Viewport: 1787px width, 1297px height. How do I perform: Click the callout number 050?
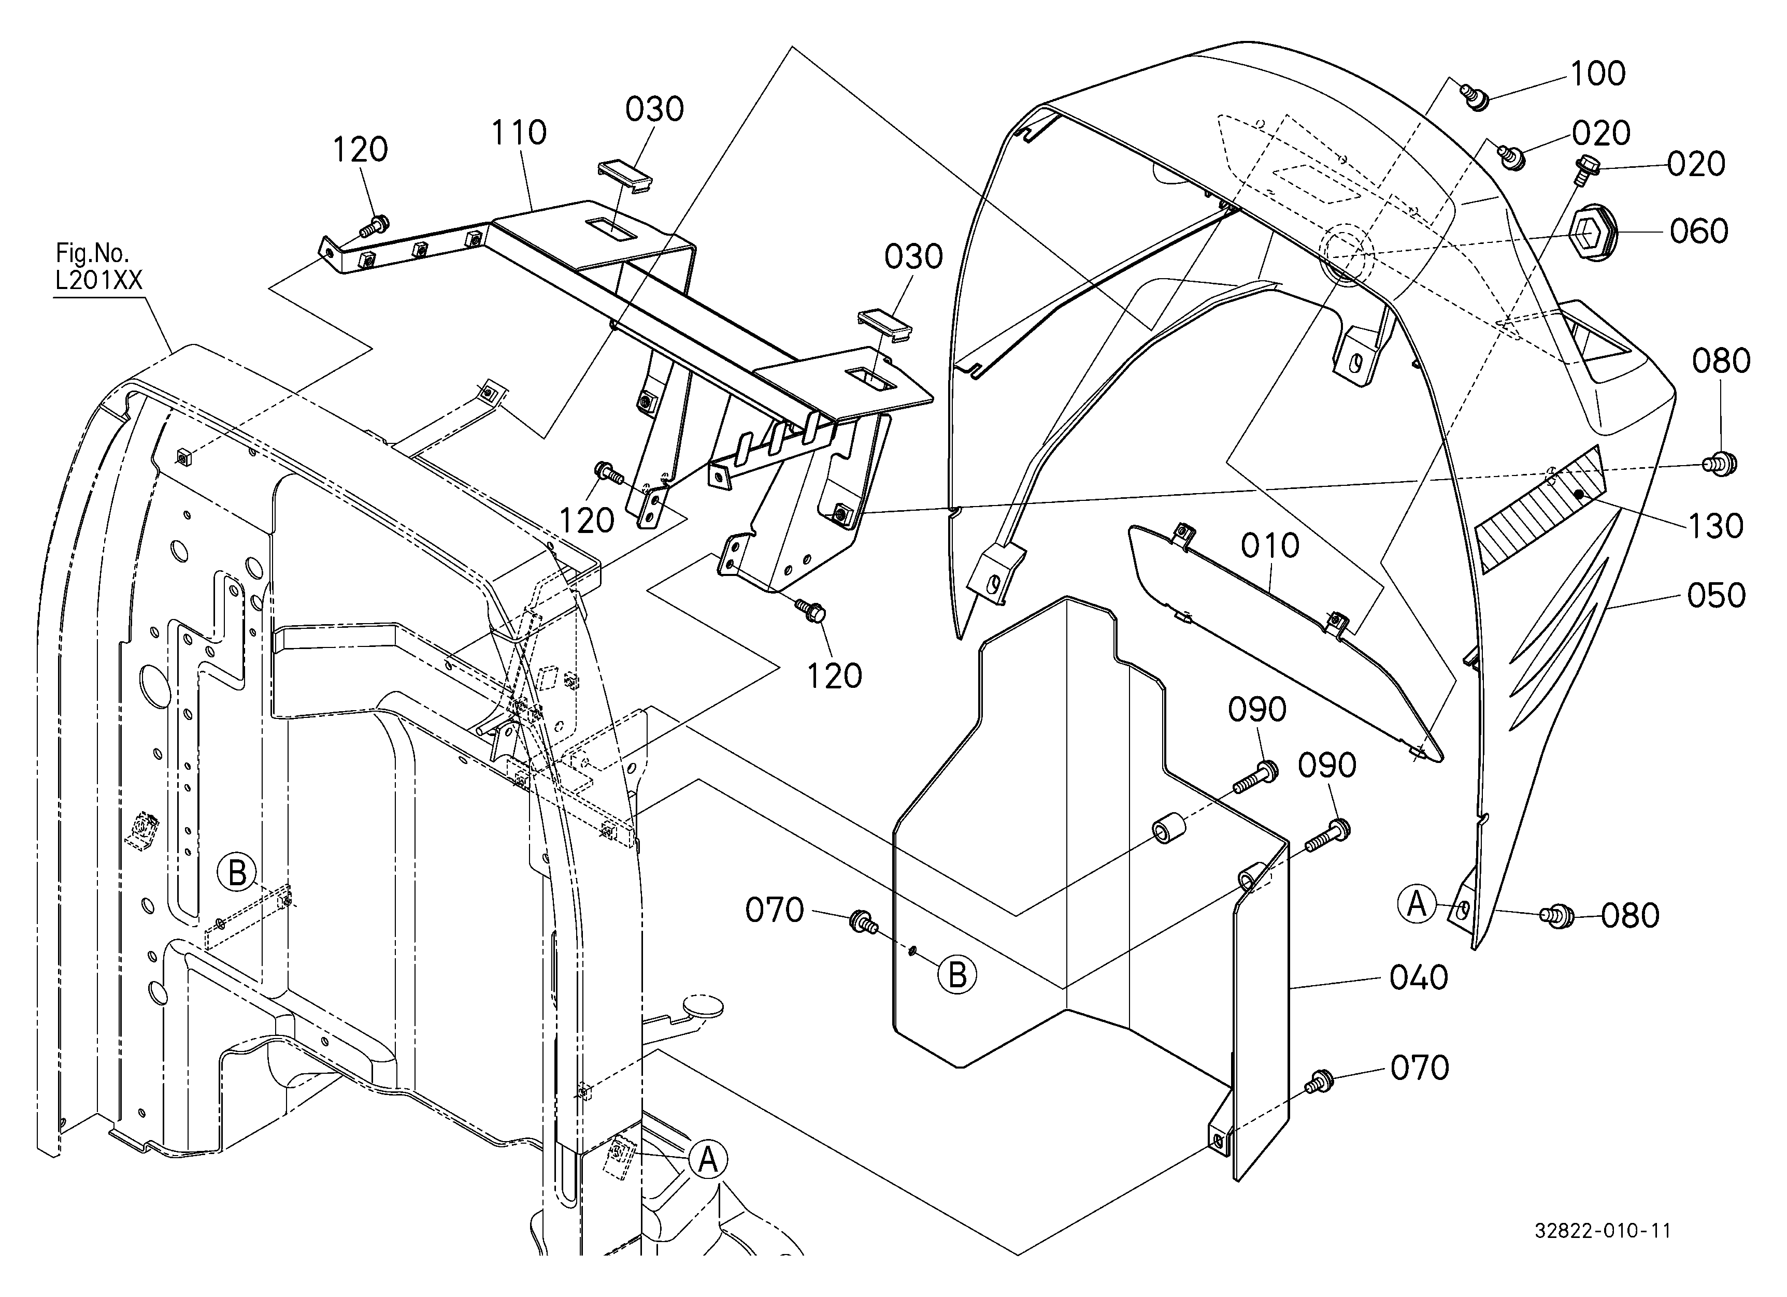pos(1716,596)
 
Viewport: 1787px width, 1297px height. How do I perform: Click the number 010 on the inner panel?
pos(1269,546)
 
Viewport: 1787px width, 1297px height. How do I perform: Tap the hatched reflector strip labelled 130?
pos(1538,510)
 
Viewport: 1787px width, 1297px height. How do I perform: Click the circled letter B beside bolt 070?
pos(956,975)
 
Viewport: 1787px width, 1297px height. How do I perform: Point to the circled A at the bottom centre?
pos(708,1160)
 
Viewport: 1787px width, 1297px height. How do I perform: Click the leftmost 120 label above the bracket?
pos(360,150)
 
